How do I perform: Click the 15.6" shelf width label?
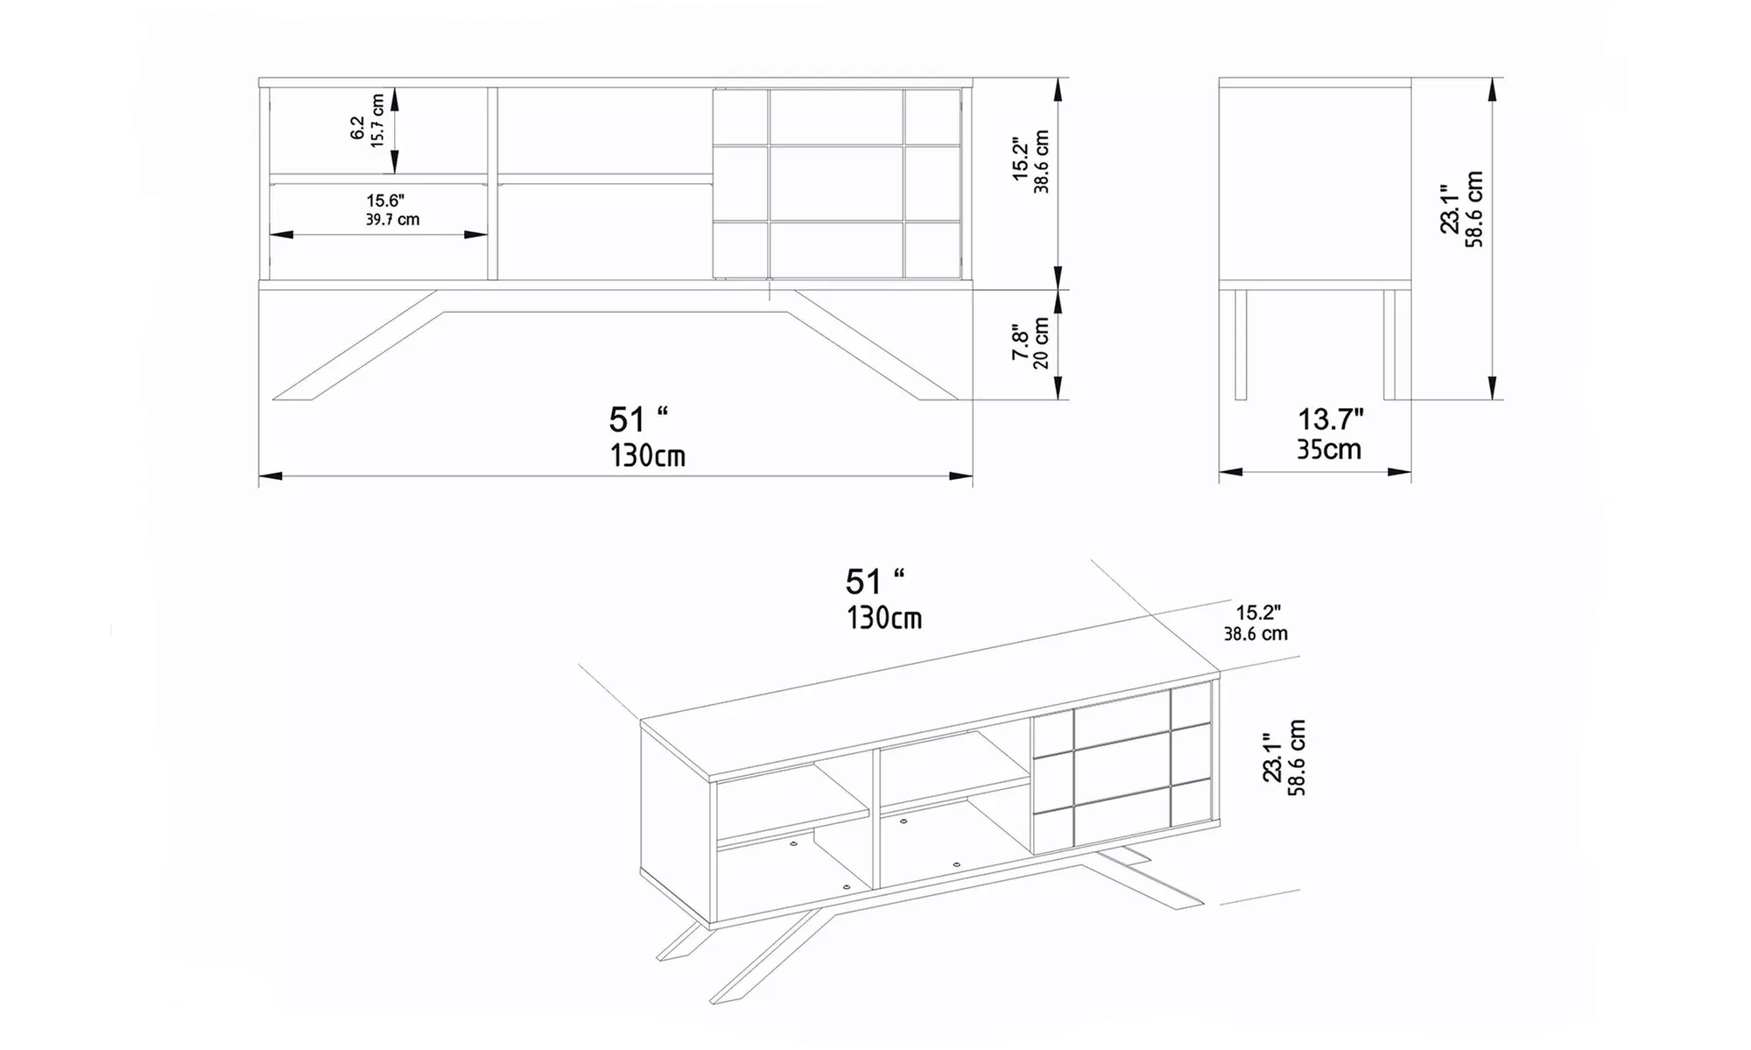pos(385,201)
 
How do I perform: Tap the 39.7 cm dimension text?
pos(392,220)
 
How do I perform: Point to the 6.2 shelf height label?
pos(357,128)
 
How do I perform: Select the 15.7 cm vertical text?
pos(377,121)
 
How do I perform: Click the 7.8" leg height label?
pos(1021,343)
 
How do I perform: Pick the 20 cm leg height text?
pos(1041,343)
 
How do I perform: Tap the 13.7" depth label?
pos(1330,420)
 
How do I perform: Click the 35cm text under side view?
pos(1329,449)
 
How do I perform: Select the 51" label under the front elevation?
pos(638,419)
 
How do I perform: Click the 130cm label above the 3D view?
pos(883,618)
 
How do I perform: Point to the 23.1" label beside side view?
pos(1451,208)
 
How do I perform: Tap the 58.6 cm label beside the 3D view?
pos(1297,758)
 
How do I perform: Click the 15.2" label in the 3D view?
pos(1258,613)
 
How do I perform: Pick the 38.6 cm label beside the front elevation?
pos(1041,162)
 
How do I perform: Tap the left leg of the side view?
pos(1240,343)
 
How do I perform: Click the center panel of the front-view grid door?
pos(836,183)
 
